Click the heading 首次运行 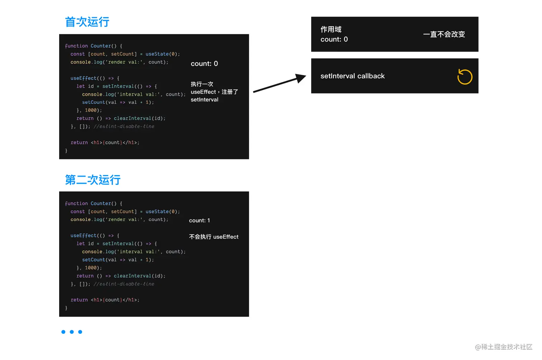click(x=87, y=22)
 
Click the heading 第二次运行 click(x=92, y=180)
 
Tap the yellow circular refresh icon click(x=465, y=77)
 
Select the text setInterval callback click(x=352, y=76)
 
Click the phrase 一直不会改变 click(x=444, y=34)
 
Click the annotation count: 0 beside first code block click(x=204, y=64)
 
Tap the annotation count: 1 click(x=199, y=221)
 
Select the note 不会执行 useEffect click(x=214, y=237)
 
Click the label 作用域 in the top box click(x=331, y=29)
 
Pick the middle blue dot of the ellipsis click(x=72, y=332)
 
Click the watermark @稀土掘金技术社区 click(x=503, y=347)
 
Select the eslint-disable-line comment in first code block click(x=124, y=126)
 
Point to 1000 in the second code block click(x=91, y=268)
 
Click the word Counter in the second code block click(x=101, y=203)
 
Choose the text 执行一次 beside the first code click(x=202, y=84)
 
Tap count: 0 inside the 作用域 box click(x=334, y=39)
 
